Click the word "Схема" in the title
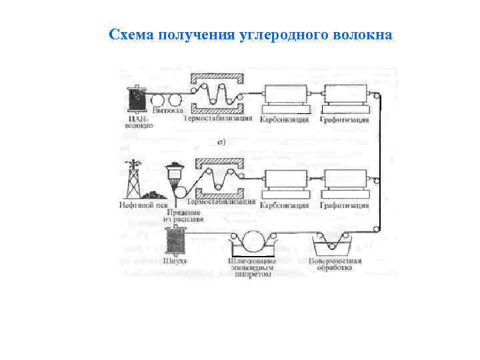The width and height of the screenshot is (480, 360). coord(131,34)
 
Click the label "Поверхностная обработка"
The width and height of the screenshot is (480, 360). coord(336,265)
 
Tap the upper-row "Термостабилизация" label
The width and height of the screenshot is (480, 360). coord(218,119)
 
